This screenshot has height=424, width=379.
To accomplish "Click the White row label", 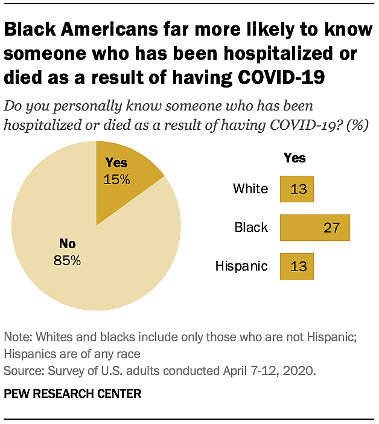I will click(250, 189).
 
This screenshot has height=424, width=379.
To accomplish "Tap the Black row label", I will click(251, 228).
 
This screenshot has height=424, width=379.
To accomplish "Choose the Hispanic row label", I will click(242, 266).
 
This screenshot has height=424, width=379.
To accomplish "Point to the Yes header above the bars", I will click(295, 158).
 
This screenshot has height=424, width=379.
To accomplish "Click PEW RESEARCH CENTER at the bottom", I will click(72, 394).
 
